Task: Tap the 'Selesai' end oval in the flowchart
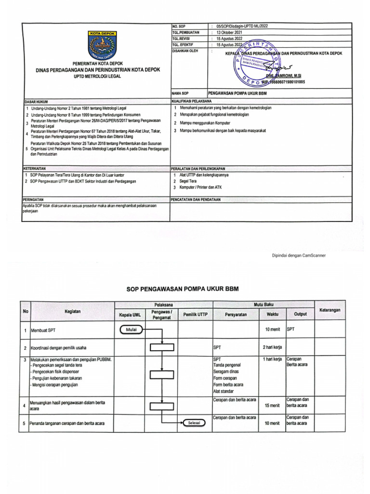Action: [x=195, y=423]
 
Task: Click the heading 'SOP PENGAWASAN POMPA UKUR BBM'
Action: [x=183, y=289]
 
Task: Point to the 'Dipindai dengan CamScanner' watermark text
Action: [x=299, y=255]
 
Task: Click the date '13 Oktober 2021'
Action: [x=230, y=32]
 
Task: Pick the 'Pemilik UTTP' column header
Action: [x=195, y=315]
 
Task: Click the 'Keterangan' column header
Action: [x=333, y=310]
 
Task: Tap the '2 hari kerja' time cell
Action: [x=272, y=347]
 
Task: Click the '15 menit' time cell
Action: [x=272, y=406]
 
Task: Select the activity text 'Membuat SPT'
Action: [x=44, y=330]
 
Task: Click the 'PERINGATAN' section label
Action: [x=34, y=199]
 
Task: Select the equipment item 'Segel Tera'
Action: [x=189, y=181]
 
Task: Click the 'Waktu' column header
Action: [x=272, y=315]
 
